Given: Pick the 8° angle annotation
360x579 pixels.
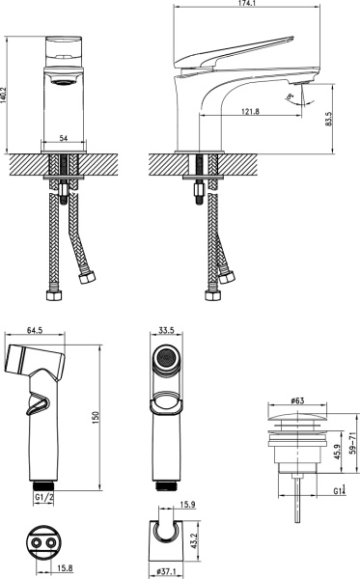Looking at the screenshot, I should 291,97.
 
